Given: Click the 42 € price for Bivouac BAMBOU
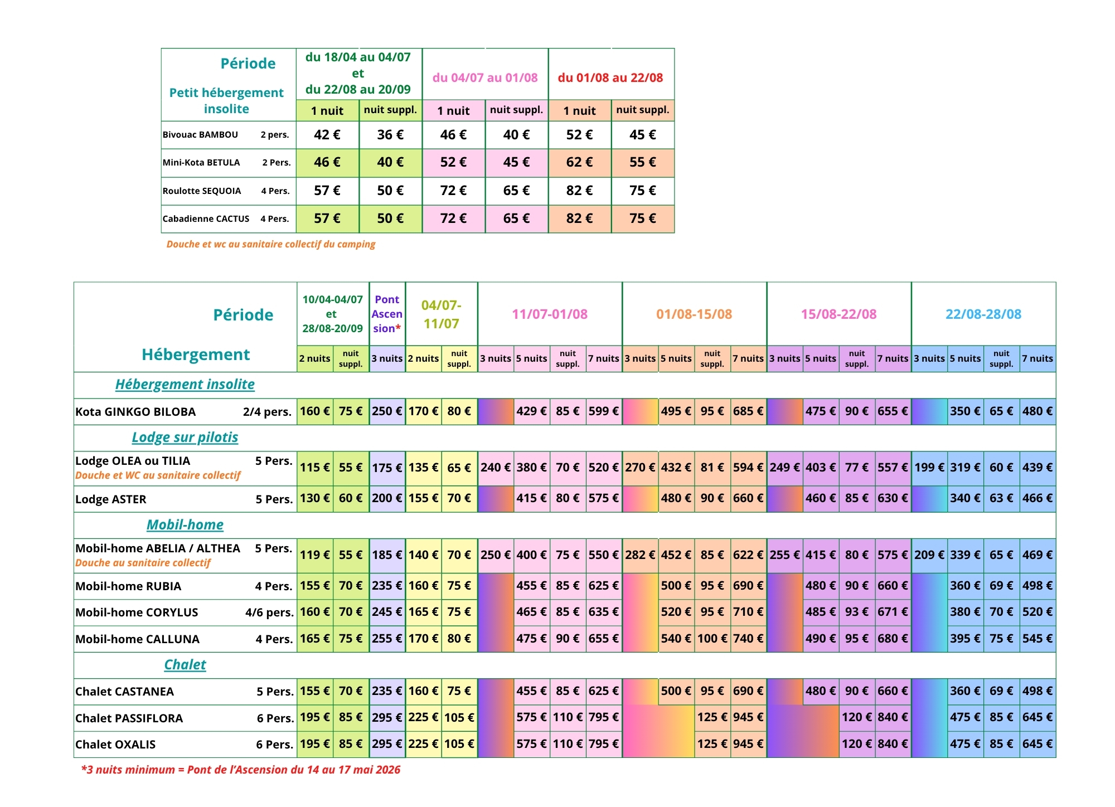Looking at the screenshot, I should tap(327, 135).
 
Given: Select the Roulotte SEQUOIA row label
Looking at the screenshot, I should tap(202, 191).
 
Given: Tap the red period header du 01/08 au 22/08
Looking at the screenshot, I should tap(610, 77).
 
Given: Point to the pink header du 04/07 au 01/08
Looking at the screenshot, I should tap(485, 77).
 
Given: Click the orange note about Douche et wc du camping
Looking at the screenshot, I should tap(271, 244).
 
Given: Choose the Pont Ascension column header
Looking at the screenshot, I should tap(387, 314).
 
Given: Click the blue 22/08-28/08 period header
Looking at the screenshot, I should tap(983, 314).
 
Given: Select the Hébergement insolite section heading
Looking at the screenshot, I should tap(185, 385).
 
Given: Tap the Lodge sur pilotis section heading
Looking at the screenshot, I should tap(185, 437).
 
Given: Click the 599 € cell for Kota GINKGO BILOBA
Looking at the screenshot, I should tap(604, 411).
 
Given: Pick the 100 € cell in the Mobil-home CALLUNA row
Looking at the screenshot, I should tap(712, 639).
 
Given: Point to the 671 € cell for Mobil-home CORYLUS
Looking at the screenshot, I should tap(893, 612).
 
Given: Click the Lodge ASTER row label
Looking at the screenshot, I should tap(111, 499).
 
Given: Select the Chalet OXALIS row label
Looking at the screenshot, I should tap(115, 745).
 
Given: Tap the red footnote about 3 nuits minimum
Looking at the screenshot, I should tap(241, 770).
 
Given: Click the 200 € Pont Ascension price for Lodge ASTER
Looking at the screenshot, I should tap(387, 498).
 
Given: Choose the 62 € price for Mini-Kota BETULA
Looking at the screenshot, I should tap(579, 162).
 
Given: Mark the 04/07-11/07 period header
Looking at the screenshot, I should tap(441, 314).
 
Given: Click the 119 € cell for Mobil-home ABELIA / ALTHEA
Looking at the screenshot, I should tap(315, 555).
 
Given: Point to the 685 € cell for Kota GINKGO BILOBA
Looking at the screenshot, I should tap(748, 411).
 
